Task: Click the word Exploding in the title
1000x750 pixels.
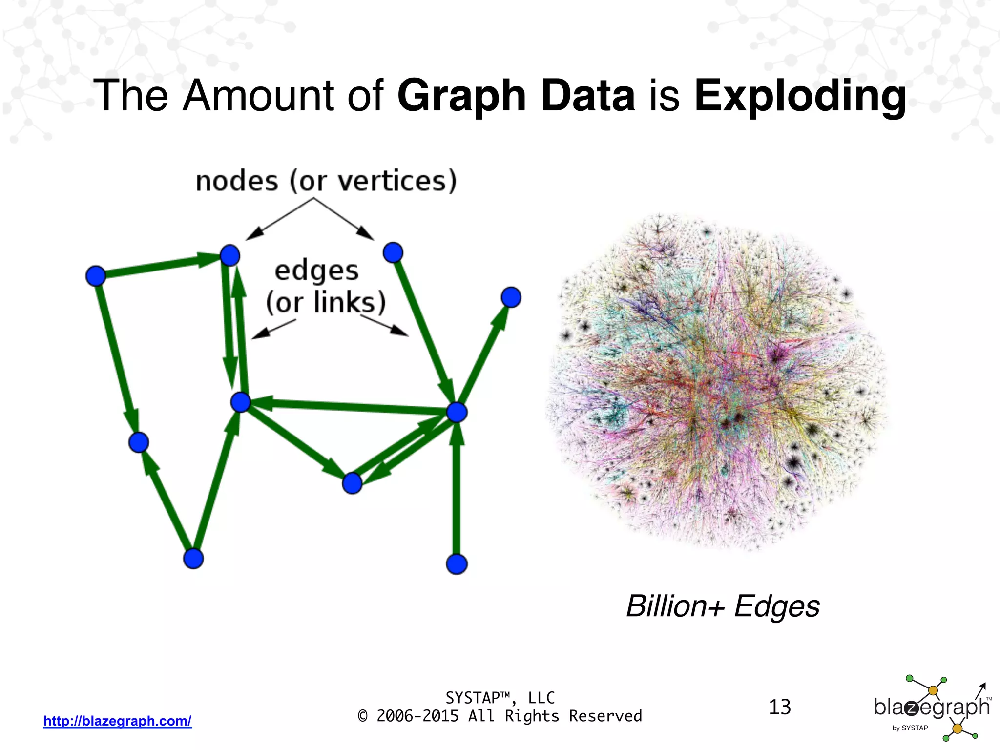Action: click(x=800, y=96)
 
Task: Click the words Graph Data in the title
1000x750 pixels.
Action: click(x=516, y=96)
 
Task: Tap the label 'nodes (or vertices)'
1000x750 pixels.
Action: click(x=326, y=181)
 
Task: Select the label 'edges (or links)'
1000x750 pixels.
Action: click(x=325, y=287)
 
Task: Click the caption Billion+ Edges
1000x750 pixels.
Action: click(x=723, y=606)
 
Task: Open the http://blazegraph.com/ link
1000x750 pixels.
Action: click(x=117, y=721)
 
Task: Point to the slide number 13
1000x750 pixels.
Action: click(x=779, y=707)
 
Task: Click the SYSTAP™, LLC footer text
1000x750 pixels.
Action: click(x=500, y=698)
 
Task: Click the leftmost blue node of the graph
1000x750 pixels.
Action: click(x=96, y=276)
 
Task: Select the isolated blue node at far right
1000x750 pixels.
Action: click(x=511, y=297)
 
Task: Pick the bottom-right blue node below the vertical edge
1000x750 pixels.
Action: click(x=457, y=564)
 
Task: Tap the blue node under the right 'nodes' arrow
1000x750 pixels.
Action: click(x=393, y=252)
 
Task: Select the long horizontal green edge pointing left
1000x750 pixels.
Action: click(x=349, y=407)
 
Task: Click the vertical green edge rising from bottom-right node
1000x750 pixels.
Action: click(x=457, y=493)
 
